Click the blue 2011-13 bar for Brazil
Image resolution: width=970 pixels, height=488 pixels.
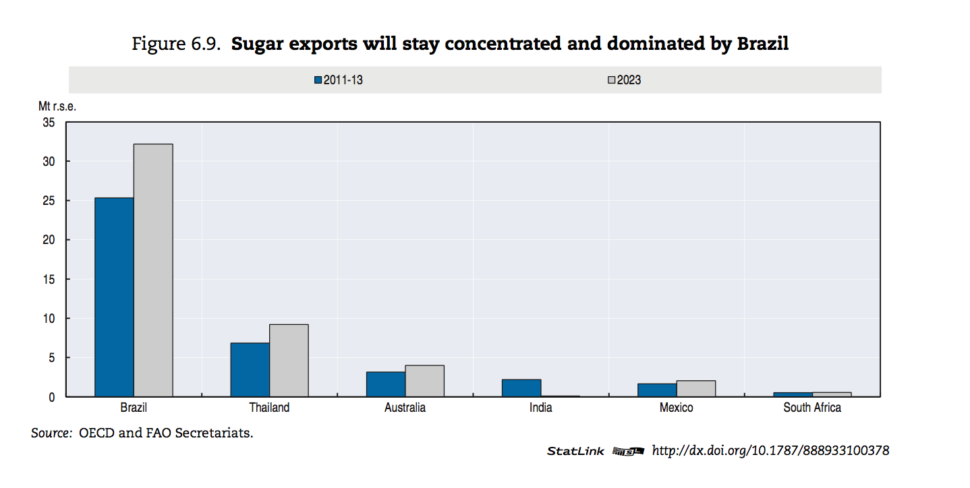click(114, 297)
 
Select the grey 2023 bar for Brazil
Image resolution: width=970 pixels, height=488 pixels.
click(153, 270)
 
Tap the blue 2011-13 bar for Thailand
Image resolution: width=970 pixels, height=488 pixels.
click(250, 370)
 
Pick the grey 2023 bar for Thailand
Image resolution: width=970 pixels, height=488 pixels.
click(289, 361)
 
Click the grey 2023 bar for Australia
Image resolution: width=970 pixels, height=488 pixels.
click(425, 381)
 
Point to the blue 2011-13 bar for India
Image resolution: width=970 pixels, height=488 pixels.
click(521, 388)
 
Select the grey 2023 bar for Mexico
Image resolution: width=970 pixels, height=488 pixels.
click(696, 388)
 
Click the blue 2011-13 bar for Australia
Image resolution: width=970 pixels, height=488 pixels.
click(386, 384)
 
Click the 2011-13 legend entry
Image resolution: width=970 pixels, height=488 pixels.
click(339, 80)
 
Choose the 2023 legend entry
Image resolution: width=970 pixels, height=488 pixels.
click(624, 80)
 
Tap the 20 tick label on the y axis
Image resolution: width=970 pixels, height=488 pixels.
click(49, 240)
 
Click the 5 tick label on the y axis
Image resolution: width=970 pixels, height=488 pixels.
click(52, 358)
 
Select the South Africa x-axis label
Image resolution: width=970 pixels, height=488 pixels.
click(812, 408)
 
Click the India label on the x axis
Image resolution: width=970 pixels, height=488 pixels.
click(540, 408)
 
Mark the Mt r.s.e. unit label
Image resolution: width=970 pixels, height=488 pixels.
click(57, 106)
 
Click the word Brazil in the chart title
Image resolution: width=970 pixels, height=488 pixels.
click(762, 44)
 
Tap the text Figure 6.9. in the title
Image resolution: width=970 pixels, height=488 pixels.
click(176, 44)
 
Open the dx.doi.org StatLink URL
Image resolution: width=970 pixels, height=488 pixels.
click(770, 451)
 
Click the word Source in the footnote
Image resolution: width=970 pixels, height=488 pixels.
click(51, 433)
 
